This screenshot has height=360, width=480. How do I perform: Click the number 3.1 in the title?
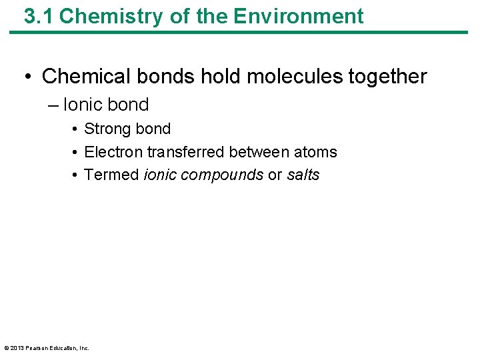coord(39,16)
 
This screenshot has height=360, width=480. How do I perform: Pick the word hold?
coord(220,76)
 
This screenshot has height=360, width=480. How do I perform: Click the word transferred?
coord(186,152)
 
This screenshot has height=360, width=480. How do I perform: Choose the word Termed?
coord(111,175)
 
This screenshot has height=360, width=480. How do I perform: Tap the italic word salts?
coord(303,175)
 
